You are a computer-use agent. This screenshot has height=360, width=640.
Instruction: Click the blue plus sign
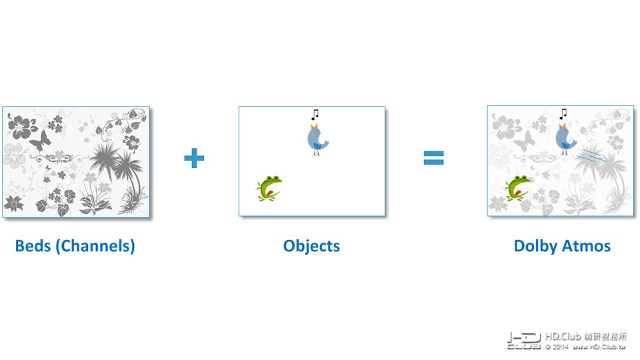click(x=194, y=158)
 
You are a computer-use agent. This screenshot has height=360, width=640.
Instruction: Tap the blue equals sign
click(x=433, y=158)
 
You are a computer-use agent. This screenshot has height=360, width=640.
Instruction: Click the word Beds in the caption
click(x=33, y=246)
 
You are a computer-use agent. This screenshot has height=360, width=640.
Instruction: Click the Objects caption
click(x=311, y=246)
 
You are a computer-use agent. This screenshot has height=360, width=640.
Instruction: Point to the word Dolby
click(x=535, y=246)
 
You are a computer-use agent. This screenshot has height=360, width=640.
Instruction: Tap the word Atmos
click(x=587, y=246)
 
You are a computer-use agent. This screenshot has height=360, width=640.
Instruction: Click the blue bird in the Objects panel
click(x=317, y=139)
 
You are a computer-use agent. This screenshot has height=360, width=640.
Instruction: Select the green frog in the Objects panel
click(x=269, y=188)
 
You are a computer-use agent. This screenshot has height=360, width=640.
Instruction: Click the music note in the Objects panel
click(x=315, y=114)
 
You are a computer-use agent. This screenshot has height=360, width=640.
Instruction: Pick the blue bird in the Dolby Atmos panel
click(x=566, y=139)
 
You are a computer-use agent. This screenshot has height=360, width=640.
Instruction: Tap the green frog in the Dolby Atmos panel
click(x=517, y=188)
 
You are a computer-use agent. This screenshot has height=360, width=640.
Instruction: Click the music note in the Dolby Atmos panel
click(x=563, y=114)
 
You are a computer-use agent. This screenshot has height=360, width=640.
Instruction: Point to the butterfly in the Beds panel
click(x=41, y=140)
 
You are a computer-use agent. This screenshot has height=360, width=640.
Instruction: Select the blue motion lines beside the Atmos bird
click(x=591, y=156)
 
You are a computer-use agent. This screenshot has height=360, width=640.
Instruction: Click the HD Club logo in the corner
click(x=524, y=341)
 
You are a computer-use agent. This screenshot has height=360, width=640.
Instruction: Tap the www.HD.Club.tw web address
click(x=599, y=347)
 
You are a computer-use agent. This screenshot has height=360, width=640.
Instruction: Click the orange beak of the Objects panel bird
click(x=314, y=126)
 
